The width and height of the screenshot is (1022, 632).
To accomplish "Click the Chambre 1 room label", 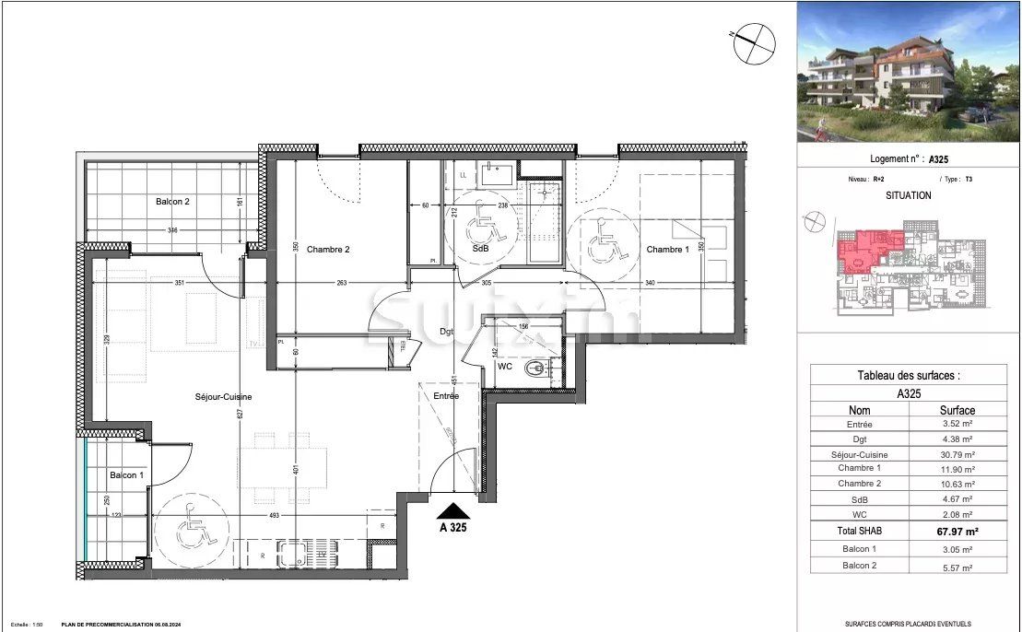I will point(667,250).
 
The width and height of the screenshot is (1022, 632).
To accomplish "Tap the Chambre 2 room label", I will point(328,249).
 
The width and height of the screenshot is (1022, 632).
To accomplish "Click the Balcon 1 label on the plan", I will point(127,475).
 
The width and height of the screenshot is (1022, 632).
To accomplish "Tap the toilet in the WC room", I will point(534,369).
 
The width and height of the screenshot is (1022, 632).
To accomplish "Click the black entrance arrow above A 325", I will point(455,510).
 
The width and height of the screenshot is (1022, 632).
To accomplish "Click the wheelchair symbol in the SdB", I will point(478,222).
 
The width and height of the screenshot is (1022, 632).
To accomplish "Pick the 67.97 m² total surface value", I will point(957,531).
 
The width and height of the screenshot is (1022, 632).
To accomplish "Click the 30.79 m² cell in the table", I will point(957,454).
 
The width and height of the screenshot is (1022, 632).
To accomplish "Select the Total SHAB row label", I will point(859,531).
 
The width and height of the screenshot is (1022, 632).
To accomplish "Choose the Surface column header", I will point(957,410).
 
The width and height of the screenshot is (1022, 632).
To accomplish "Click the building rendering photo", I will point(908,73).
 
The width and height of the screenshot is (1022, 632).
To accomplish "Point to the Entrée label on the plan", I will point(446,396).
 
